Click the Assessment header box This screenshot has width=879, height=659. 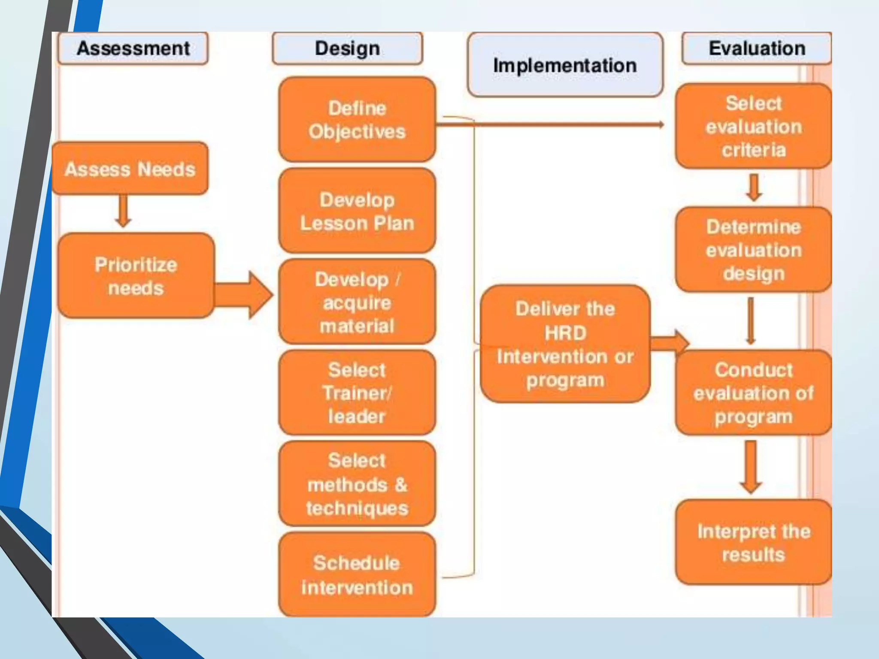(133, 48)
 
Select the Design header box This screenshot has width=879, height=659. (347, 48)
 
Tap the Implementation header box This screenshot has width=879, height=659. (565, 65)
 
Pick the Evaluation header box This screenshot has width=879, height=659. (756, 48)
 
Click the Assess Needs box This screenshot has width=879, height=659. (130, 169)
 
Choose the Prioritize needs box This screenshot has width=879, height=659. (136, 276)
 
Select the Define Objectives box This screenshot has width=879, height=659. (357, 120)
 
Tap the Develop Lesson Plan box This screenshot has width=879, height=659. (357, 211)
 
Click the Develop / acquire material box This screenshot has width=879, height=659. (357, 302)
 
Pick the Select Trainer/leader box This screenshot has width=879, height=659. (357, 393)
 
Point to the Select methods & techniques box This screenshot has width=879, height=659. (357, 484)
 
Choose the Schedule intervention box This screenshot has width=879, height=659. (357, 575)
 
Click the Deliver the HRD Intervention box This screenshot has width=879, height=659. (565, 344)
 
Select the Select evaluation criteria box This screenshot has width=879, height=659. (754, 127)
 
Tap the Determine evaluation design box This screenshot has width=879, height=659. (754, 250)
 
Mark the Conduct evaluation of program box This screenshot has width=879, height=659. (754, 393)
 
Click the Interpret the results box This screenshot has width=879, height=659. (754, 542)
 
